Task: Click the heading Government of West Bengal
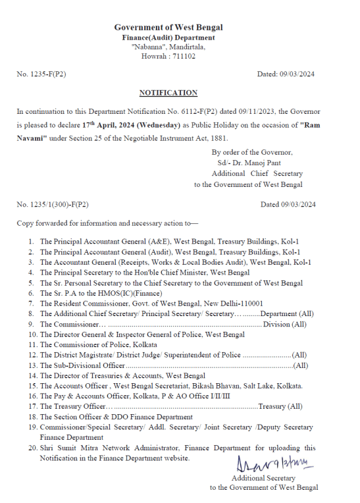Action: pyautogui.click(x=168, y=27)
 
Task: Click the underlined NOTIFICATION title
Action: pyautogui.click(x=168, y=93)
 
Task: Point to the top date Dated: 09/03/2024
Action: pyautogui.click(x=286, y=75)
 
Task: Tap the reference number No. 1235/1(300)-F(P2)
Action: pyautogui.click(x=52, y=204)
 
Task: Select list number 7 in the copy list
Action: pyautogui.click(x=31, y=303)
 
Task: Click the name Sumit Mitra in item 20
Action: pyautogui.click(x=79, y=448)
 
